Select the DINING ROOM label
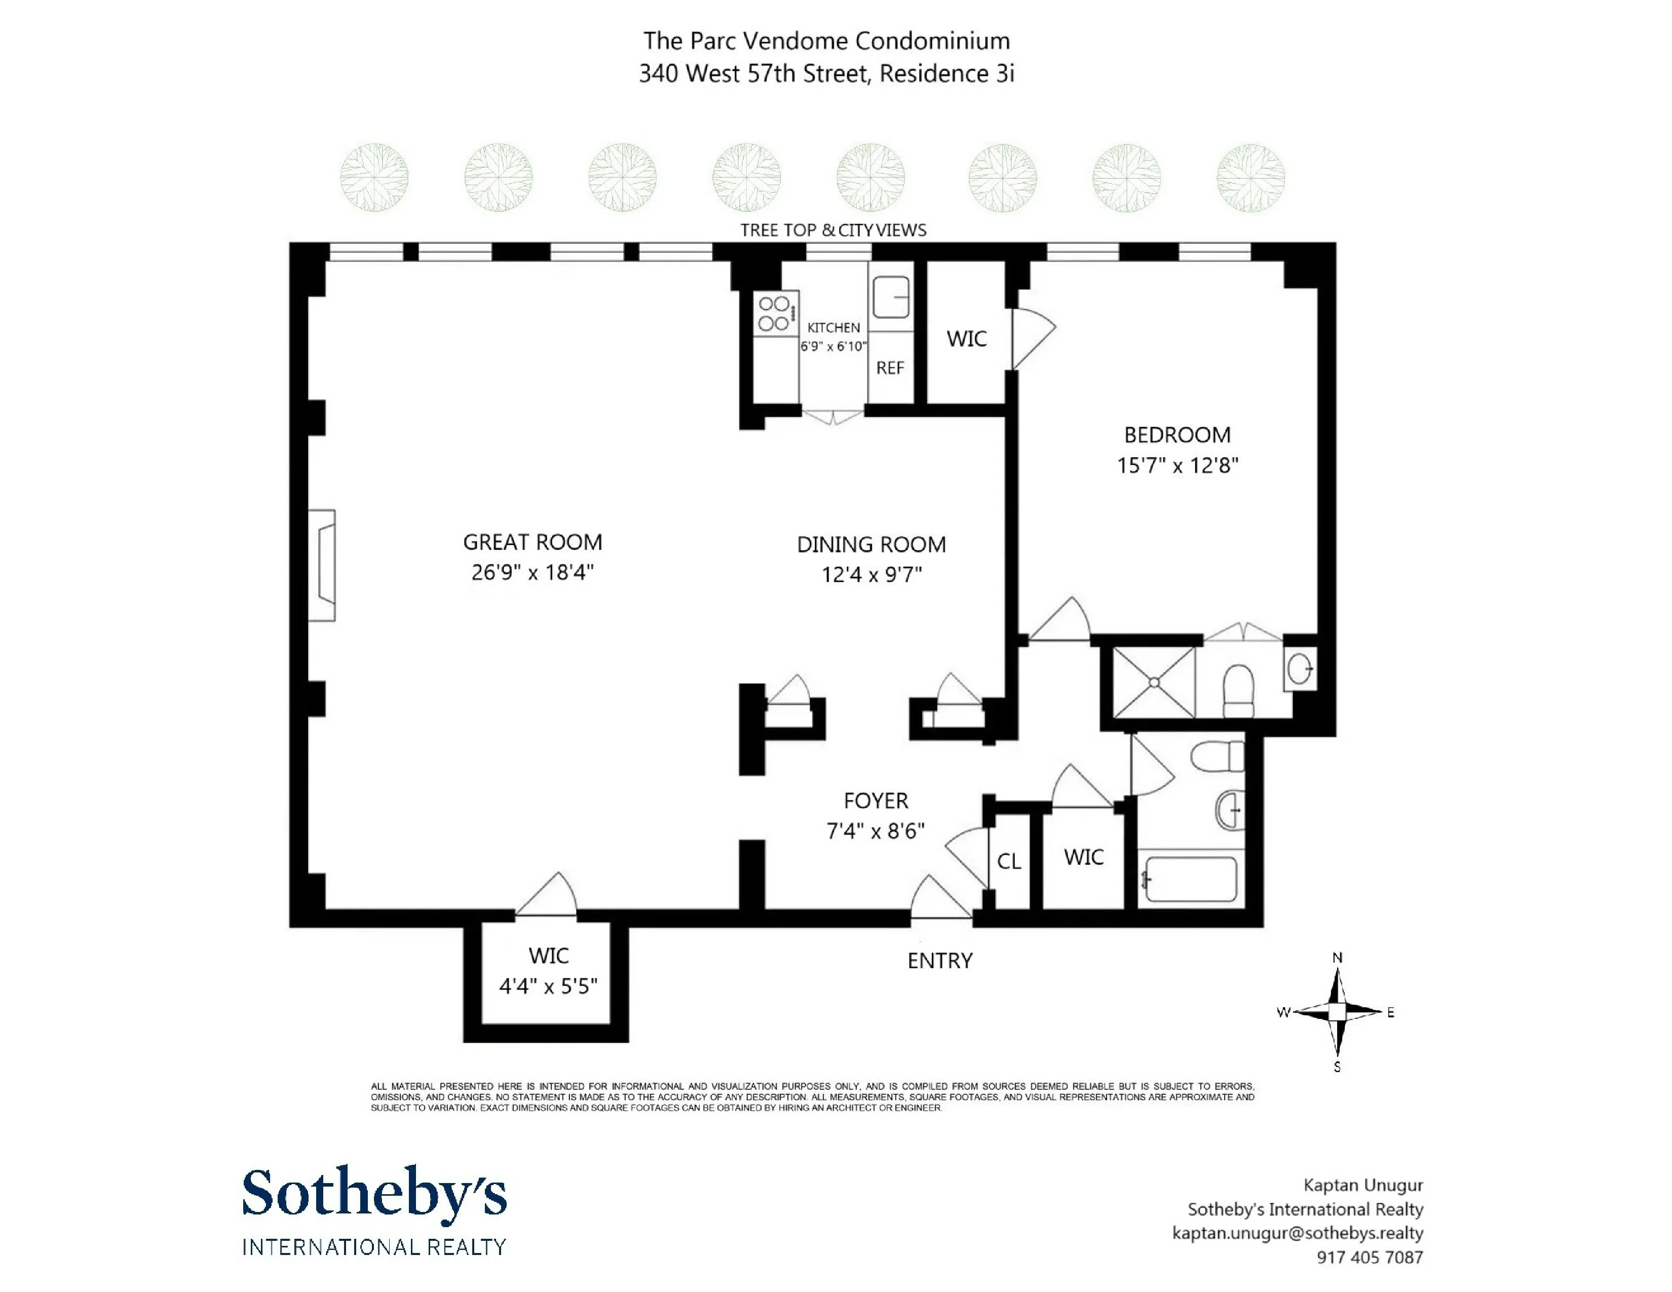pos(871,544)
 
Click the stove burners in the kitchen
pos(774,314)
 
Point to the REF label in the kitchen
pos(890,368)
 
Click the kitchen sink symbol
pos(890,296)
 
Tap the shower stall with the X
pos(1153,682)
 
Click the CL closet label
pos(1008,862)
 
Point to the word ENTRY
pos(939,961)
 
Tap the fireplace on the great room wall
pos(323,565)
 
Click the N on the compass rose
pos(1337,958)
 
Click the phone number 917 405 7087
pos(1369,1257)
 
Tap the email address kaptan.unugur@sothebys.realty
pos(1297,1233)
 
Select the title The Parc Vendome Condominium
pos(826,41)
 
